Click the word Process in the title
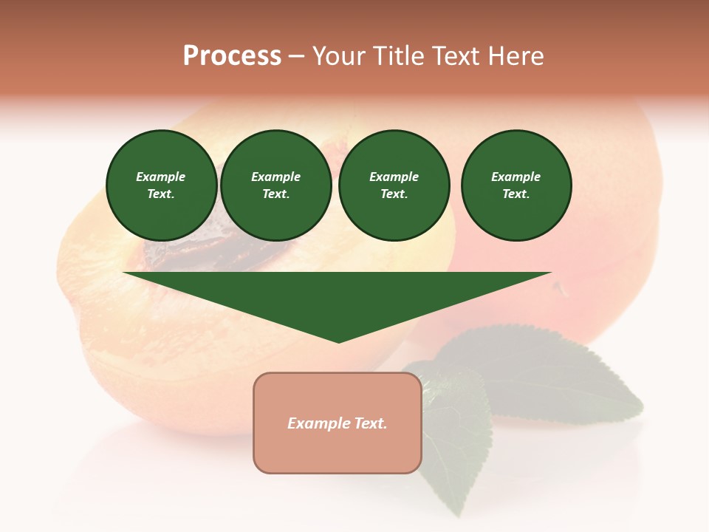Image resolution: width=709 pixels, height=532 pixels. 232,56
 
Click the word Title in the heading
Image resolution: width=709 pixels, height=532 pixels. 396,56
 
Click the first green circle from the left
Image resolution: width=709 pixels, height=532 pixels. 161,185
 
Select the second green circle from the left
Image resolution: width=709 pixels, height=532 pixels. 276,185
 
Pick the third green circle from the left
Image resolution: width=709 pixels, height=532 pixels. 394,185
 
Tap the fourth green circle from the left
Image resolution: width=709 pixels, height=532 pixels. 516,185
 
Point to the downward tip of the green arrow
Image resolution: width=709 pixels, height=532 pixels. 338,341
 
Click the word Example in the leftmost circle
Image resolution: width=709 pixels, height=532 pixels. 161,177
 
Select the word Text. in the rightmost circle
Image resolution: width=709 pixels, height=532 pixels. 516,194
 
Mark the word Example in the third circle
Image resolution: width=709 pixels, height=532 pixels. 394,177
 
